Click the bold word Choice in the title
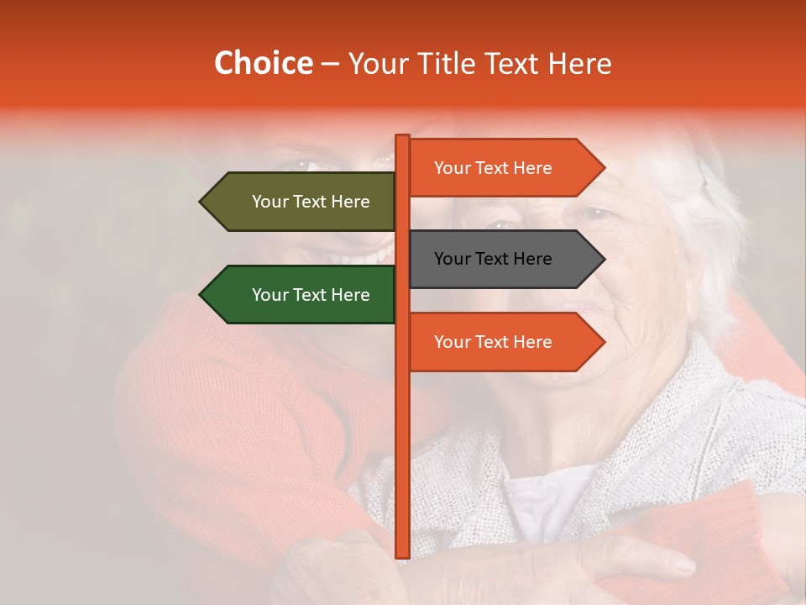point(263,64)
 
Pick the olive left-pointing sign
point(302,202)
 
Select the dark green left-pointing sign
point(302,295)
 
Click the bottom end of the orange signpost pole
point(402,555)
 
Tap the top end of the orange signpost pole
point(402,137)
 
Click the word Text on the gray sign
point(493,259)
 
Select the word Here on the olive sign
point(350,202)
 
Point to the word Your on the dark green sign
point(270,295)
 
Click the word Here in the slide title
point(580,64)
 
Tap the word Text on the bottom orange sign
point(493,342)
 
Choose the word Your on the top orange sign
point(453,168)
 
